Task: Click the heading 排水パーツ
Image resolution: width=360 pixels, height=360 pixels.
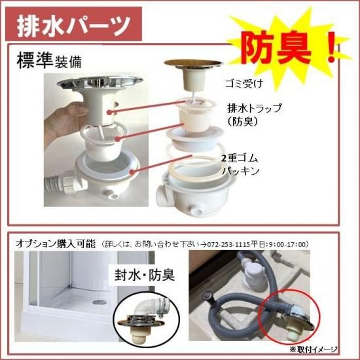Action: coord(74,25)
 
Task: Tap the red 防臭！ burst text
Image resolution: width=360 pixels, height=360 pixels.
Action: coord(289,48)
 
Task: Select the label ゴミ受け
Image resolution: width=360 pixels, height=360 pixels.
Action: coord(244,83)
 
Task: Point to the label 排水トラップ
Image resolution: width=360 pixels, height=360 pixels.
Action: coord(255,108)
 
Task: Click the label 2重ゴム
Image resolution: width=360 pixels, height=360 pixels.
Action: coord(240,158)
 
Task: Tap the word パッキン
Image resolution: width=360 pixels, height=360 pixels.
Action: coord(241,171)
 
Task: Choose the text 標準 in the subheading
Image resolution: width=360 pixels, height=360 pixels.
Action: coord(35,60)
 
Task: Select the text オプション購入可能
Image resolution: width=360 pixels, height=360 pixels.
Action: coord(56,244)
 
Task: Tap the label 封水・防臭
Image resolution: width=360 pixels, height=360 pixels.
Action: coord(145,275)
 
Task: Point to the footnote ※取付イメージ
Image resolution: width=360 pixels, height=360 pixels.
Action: coord(314,350)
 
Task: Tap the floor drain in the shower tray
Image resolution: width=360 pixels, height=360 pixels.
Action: coord(99,302)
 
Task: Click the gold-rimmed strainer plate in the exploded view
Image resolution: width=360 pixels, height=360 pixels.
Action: coord(193,63)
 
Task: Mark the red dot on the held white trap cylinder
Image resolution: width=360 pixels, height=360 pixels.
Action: coord(109,112)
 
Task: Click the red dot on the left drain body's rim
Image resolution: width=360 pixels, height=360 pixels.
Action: coord(132,171)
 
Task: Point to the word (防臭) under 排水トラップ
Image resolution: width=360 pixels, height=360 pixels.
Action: coord(242,122)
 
